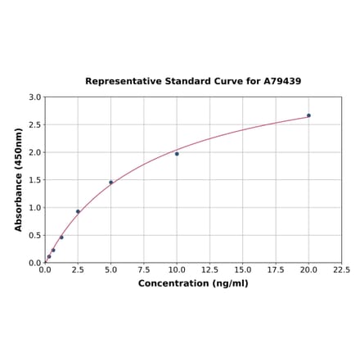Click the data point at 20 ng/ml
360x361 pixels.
coord(308,115)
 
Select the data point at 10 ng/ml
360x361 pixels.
coord(177,154)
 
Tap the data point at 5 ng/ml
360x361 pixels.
coord(111,183)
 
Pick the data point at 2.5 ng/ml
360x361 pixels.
coord(78,211)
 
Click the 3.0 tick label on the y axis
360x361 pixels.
coord(35,97)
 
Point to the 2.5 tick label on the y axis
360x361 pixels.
coord(35,125)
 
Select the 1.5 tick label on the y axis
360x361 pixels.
coord(35,180)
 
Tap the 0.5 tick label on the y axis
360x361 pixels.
coord(35,236)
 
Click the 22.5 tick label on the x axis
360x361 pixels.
coord(341,270)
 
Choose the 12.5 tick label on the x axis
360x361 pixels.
coord(209,270)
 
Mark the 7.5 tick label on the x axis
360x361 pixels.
coord(144,270)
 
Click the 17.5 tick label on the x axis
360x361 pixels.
coord(276,270)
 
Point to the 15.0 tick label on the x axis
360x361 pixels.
coord(243,270)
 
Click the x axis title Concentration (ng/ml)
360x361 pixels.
coord(193,283)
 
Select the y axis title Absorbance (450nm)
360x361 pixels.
coord(18,180)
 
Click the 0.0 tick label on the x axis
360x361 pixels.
coord(45,270)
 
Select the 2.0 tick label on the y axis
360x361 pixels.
coord(35,152)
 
